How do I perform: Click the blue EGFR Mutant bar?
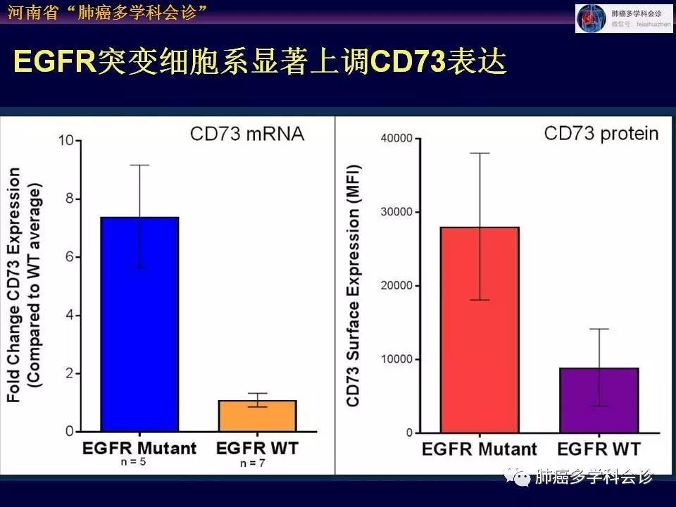[x=139, y=324]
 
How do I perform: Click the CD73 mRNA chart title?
[x=246, y=134]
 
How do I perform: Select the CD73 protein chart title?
[x=601, y=133]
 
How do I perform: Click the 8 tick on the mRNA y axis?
[x=69, y=199]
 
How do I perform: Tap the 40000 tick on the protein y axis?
[x=396, y=139]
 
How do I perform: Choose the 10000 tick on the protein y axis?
[x=396, y=359]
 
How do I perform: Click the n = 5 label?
[x=138, y=461]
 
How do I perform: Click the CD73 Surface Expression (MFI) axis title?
[x=353, y=285]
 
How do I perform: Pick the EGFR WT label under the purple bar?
[x=599, y=449]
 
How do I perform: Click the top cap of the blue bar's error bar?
[x=139, y=165]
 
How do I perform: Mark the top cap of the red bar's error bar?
[x=480, y=153]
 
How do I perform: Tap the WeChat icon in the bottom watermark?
[x=522, y=477]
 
